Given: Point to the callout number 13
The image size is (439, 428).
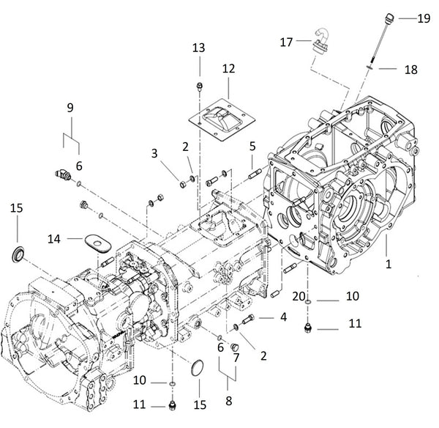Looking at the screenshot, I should [x=199, y=48].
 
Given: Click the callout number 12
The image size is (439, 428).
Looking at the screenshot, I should [x=228, y=68].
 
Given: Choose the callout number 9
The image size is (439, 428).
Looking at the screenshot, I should [x=70, y=107].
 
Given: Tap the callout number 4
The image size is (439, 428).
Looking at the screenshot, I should [x=282, y=317].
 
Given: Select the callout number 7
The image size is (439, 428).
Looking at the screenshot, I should [x=236, y=358].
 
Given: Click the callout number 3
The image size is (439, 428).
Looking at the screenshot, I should [x=155, y=152].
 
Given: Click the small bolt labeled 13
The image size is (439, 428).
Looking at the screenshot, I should [x=199, y=88].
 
